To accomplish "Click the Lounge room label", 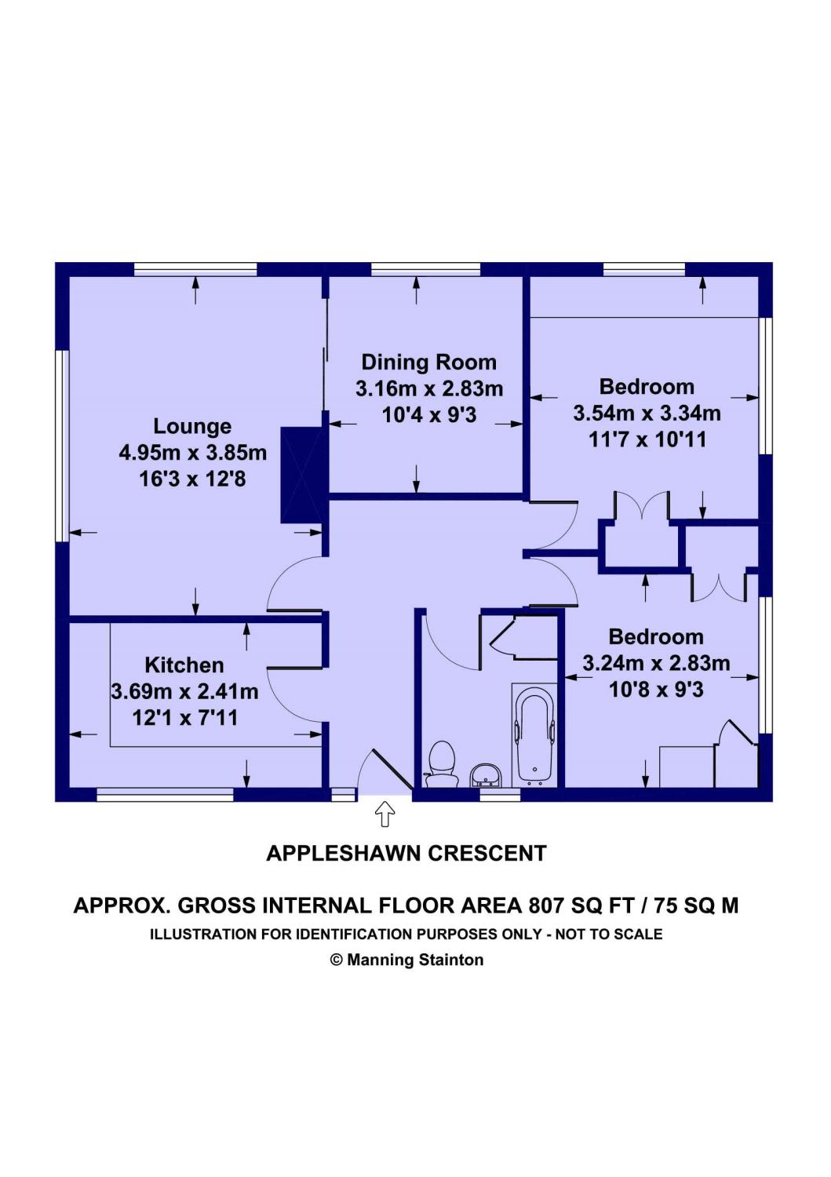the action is point(191,425).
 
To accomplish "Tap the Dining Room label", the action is point(428,363).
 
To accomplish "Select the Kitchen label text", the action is point(184,665).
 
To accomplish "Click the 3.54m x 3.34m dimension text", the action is point(647,413).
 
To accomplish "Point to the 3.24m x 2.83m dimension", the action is point(656,663).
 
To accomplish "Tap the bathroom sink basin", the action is point(487,776).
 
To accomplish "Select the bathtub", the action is point(534,734).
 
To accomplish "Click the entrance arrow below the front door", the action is point(385,814).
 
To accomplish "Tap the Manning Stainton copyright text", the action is point(406,960).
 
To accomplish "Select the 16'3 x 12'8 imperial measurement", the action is point(192,479).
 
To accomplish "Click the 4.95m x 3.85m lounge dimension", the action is point(192,453).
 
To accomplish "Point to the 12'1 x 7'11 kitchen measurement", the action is point(184,718).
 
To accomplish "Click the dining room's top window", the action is point(426,270).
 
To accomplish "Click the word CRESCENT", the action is point(487,854).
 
